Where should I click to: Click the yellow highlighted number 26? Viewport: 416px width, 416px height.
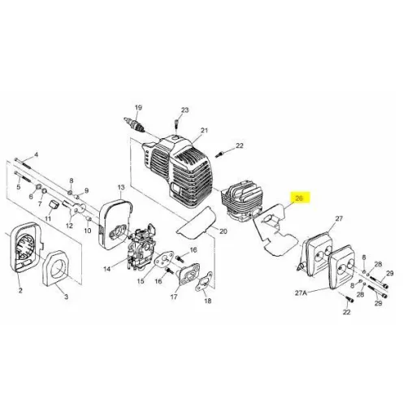tap(299, 198)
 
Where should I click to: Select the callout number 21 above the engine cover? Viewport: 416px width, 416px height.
tap(204, 131)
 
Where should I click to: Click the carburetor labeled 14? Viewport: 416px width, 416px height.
tap(140, 248)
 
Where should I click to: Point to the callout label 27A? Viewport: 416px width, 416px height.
tap(301, 292)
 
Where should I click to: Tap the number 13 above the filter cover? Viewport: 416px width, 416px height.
tap(121, 188)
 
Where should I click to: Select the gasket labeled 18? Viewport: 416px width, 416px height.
tap(203, 282)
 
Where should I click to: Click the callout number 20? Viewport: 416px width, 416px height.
tap(223, 232)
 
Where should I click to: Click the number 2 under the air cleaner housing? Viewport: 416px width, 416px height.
tap(20, 291)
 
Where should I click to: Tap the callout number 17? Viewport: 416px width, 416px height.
tap(174, 297)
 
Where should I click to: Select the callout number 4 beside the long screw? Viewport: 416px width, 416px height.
tap(36, 155)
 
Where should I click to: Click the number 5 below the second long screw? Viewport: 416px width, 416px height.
tap(19, 187)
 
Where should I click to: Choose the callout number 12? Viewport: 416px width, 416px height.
tap(69, 225)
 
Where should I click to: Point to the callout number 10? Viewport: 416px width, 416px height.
tap(88, 231)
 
